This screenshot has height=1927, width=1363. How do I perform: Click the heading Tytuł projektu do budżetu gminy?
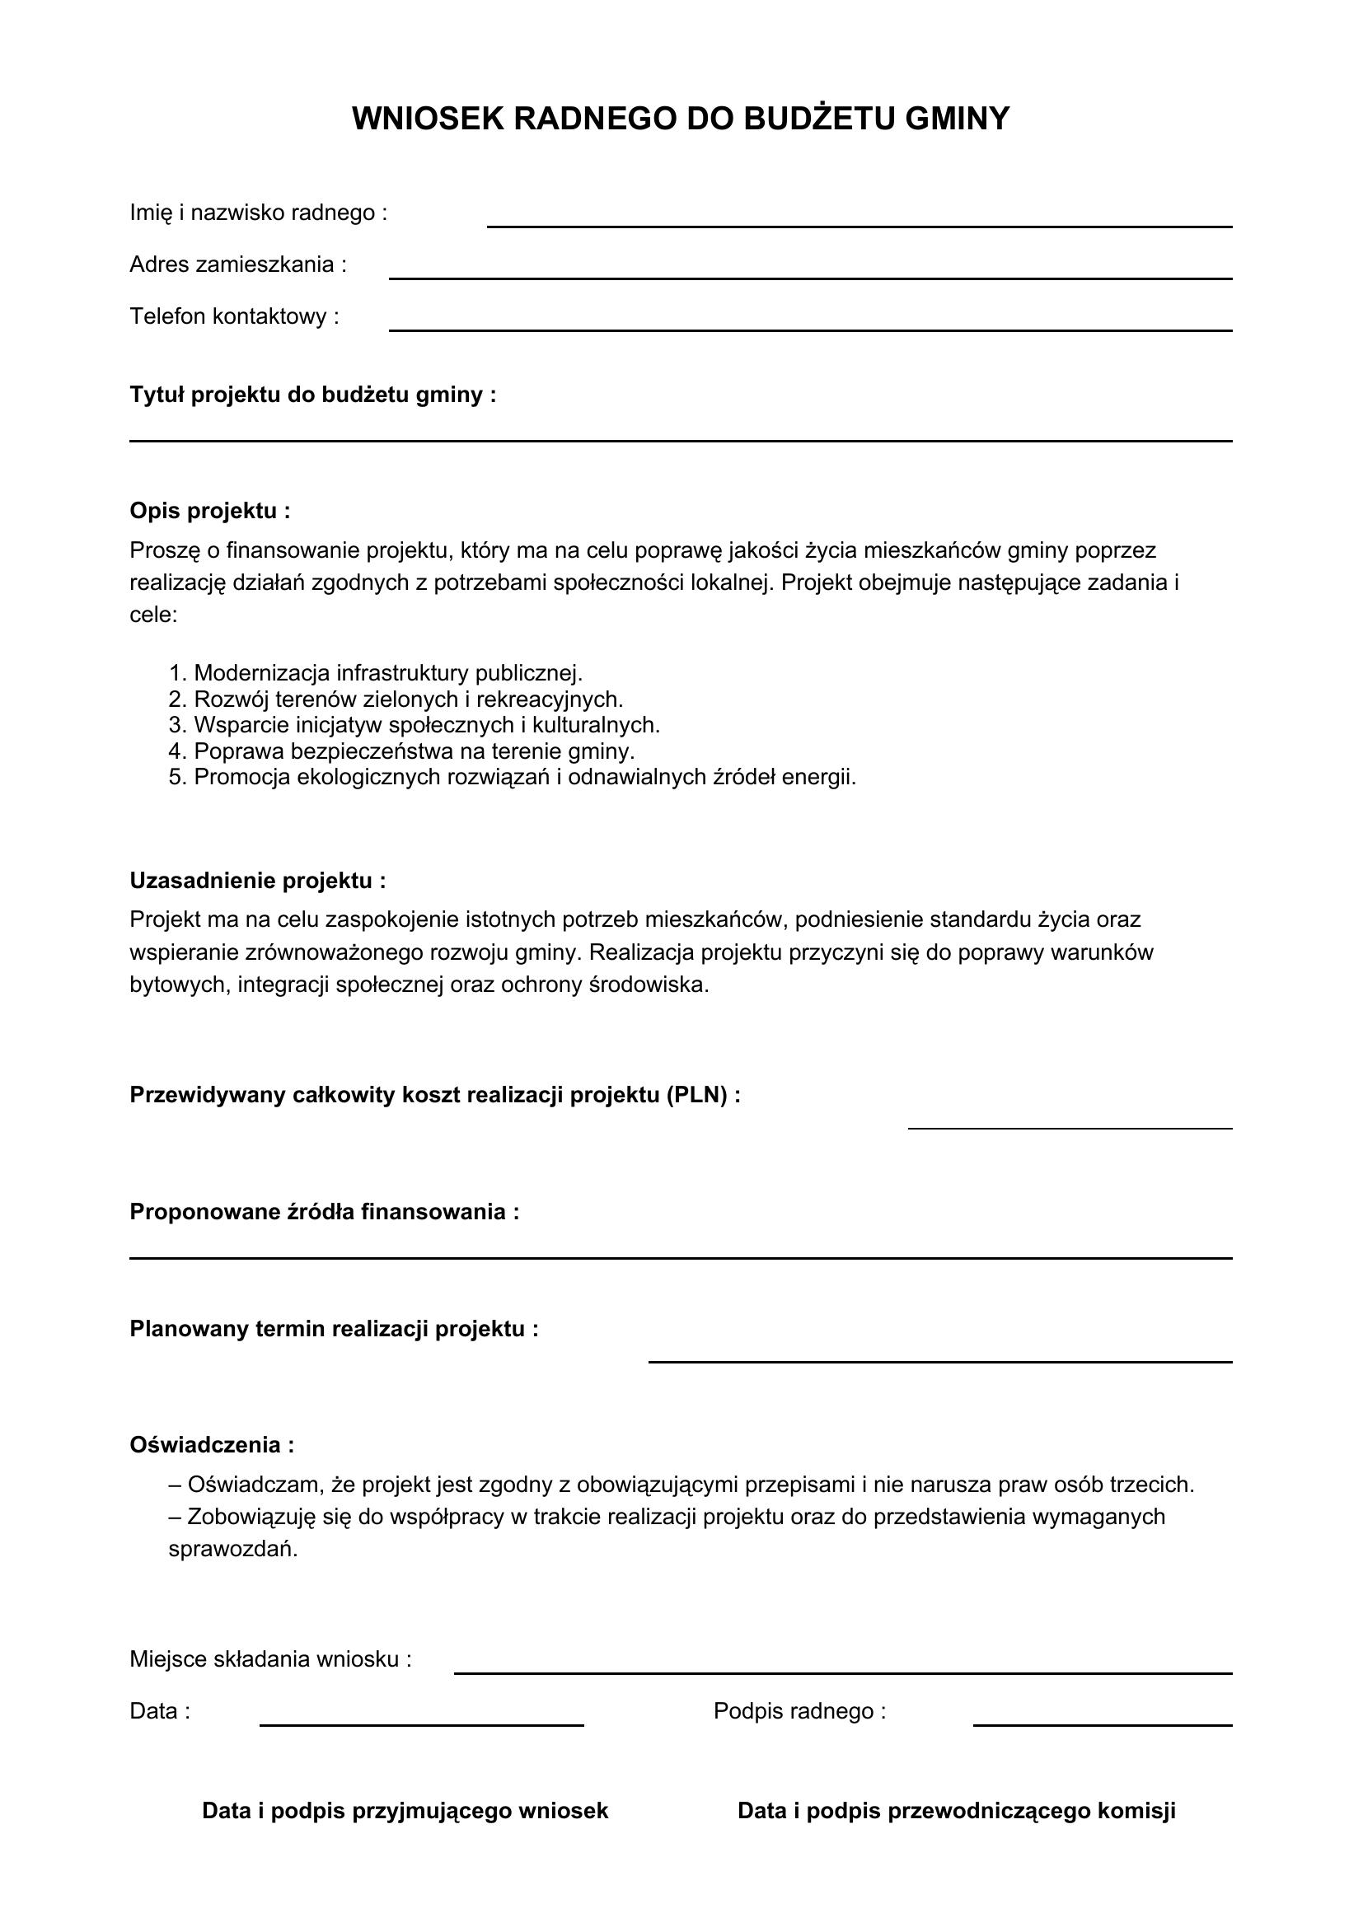(x=312, y=395)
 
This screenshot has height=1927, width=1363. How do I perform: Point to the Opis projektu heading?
(x=210, y=510)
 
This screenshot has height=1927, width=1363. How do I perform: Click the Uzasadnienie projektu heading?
(x=258, y=881)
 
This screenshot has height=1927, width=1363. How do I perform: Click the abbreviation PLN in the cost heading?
(x=696, y=1095)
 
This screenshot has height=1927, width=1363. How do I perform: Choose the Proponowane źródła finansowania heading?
(x=324, y=1212)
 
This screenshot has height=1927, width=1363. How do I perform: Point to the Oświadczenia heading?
(x=212, y=1444)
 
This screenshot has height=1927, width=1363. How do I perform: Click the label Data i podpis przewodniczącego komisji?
(x=956, y=1810)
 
